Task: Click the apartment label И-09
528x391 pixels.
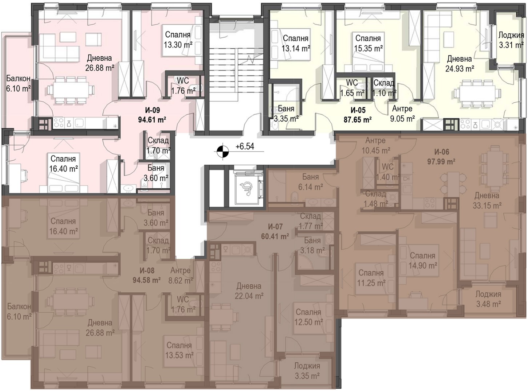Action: click(152, 110)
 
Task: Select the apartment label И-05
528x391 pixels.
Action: click(358, 110)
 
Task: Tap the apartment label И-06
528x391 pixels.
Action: click(442, 152)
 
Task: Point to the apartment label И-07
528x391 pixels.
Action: click(275, 227)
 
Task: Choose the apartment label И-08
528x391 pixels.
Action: click(147, 271)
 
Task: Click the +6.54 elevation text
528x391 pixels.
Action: click(245, 147)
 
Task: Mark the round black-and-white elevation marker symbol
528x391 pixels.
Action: click(223, 151)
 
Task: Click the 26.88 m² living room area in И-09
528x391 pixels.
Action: click(100, 68)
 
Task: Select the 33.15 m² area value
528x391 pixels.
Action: click(487, 206)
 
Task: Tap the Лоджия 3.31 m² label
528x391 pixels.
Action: click(511, 40)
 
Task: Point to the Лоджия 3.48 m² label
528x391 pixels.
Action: click(488, 299)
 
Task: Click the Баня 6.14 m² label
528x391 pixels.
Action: click(311, 182)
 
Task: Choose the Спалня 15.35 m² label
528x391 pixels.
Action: click(368, 43)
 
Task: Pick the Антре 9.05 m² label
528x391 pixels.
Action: click(402, 114)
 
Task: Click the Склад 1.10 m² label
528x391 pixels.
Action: click(384, 88)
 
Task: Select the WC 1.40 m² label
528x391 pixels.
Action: click(388, 172)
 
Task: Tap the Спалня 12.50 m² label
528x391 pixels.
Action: click(309, 317)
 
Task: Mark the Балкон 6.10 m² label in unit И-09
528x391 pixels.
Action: click(19, 83)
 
